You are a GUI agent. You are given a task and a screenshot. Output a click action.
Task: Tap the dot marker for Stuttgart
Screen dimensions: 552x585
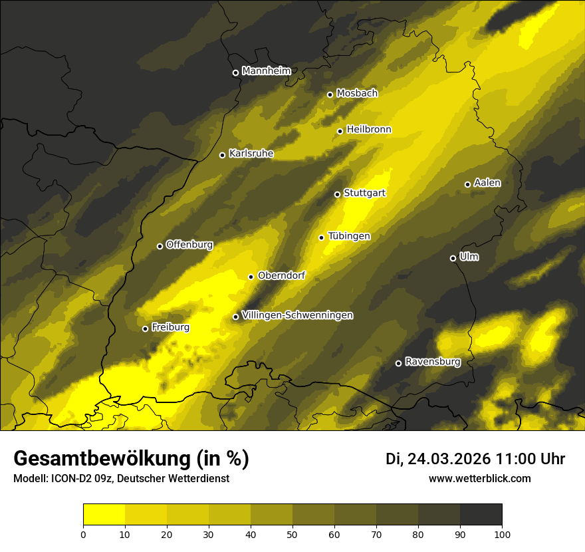(337, 194)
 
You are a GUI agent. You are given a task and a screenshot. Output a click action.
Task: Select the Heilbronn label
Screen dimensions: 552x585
(369, 130)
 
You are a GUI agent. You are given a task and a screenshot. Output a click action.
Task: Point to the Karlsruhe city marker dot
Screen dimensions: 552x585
(222, 155)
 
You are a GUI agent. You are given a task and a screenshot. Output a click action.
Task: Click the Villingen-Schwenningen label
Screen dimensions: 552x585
(297, 315)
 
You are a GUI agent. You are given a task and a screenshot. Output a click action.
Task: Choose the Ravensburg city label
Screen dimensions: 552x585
(432, 362)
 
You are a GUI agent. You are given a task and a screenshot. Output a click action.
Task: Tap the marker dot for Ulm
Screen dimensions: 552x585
(453, 258)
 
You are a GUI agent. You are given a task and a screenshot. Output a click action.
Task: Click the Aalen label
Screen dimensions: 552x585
(487, 183)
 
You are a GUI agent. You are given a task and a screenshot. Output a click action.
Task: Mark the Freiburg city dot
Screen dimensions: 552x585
(145, 329)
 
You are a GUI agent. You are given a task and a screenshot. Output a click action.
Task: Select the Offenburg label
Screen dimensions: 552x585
(189, 245)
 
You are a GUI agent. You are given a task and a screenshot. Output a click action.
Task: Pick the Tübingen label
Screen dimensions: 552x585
(349, 236)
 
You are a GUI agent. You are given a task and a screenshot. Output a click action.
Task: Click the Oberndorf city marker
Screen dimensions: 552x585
(251, 277)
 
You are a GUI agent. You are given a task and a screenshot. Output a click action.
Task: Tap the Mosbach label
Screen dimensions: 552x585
(357, 94)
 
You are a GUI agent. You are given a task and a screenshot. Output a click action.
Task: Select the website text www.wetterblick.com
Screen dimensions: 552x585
(479, 478)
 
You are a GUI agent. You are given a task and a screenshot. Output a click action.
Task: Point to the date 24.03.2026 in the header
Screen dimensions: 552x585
(449, 459)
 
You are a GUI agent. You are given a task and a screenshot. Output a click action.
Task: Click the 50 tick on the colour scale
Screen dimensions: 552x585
(292, 534)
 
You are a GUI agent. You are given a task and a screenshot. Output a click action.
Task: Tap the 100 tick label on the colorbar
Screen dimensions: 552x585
(501, 534)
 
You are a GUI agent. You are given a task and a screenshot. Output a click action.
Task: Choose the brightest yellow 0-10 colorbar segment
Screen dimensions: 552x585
(104, 515)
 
